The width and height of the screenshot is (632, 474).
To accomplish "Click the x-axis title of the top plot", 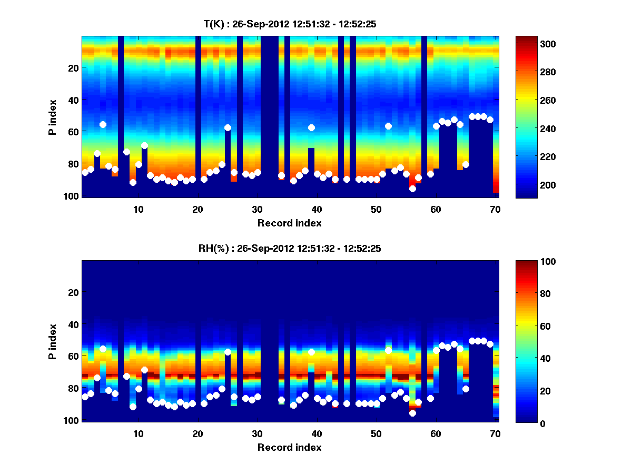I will [289, 223].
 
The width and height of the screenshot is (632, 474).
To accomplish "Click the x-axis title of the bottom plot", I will [289, 447].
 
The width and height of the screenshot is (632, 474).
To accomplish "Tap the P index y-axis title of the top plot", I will [53, 116].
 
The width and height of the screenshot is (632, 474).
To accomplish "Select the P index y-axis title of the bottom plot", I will [53, 341].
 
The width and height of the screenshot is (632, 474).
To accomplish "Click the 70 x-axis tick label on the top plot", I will [495, 209].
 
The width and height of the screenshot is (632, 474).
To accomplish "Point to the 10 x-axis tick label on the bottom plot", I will [138, 433].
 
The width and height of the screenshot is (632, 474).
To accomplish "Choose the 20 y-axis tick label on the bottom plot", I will [73, 292].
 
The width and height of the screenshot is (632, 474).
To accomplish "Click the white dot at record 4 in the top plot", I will [103, 124].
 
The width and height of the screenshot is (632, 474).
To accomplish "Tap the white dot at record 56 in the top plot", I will [412, 189].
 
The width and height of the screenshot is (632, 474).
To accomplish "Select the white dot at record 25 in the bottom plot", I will [228, 352].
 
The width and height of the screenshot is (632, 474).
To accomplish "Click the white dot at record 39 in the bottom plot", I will [311, 352].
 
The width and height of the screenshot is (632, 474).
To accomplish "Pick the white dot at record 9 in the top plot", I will [133, 182].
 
